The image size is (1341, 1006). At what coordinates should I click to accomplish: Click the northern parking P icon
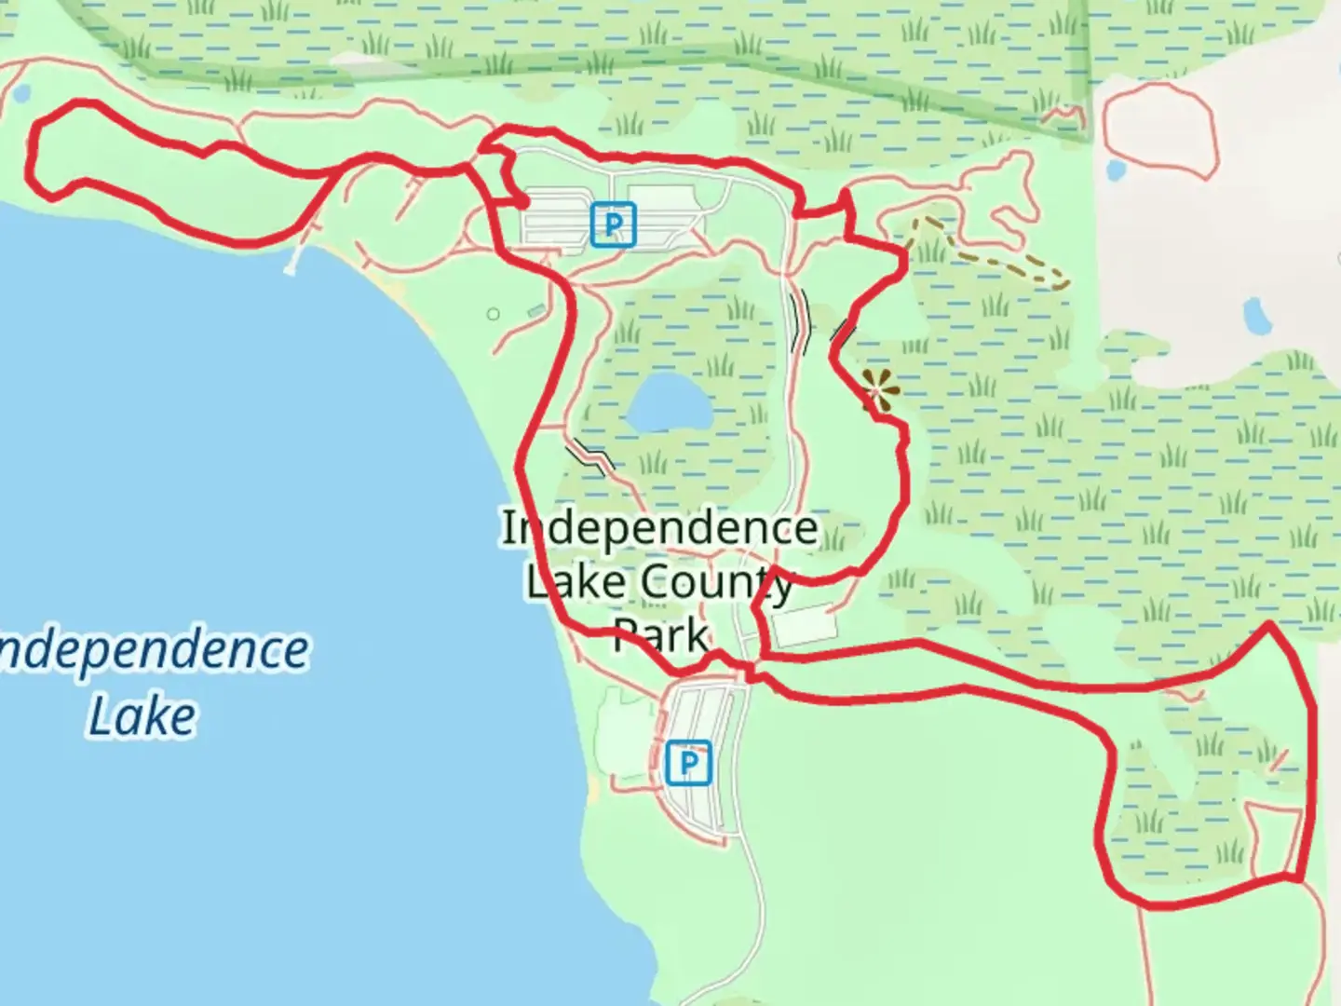[613, 224]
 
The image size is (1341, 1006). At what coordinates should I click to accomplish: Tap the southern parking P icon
[689, 764]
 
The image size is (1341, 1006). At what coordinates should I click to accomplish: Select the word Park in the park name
[661, 637]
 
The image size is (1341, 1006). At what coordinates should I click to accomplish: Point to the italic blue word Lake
[142, 715]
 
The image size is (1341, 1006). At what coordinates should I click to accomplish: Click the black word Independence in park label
[659, 528]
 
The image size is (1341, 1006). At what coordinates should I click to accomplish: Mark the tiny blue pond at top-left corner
[20, 94]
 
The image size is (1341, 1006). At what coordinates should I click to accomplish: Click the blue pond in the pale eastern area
[1257, 318]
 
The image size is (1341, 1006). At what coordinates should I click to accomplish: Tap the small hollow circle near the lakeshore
[494, 314]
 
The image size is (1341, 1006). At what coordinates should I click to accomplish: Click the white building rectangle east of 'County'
[803, 626]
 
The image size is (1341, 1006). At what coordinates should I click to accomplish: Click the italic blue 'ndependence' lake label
[154, 649]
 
